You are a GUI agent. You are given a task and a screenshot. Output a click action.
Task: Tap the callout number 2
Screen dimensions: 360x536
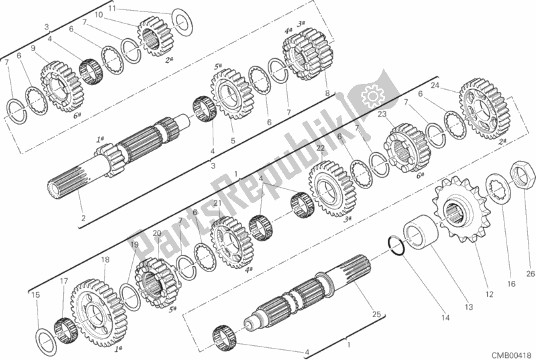click(83, 218)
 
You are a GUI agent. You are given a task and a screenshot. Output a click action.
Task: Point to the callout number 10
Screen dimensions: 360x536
click(99, 15)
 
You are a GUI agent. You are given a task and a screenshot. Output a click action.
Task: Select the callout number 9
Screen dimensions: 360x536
click(32, 48)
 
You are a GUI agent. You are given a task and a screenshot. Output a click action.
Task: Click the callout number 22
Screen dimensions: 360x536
click(320, 149)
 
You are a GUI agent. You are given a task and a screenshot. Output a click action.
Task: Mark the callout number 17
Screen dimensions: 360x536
click(64, 281)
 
